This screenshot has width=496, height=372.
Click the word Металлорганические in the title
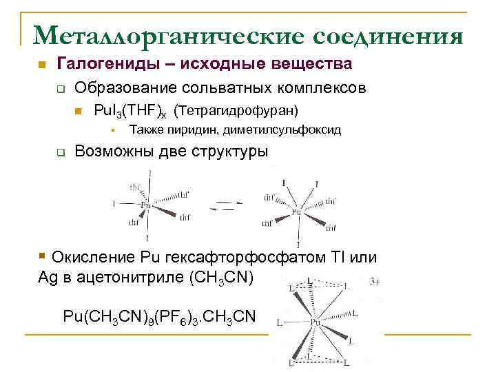[166, 34]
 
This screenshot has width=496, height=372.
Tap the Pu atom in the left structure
[145, 205]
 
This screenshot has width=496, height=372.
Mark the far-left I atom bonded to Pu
[114, 204]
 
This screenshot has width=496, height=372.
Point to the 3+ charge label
[375, 282]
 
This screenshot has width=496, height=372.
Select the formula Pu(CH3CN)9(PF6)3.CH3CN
[158, 316]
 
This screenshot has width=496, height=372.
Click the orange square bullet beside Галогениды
[41, 65]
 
